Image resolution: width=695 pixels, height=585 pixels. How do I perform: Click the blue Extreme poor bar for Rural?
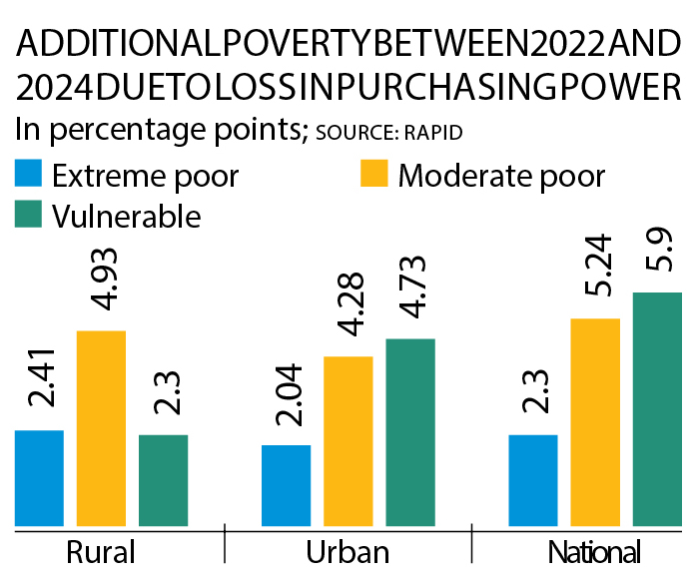[39, 477]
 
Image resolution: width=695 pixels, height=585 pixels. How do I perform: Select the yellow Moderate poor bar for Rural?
[101, 427]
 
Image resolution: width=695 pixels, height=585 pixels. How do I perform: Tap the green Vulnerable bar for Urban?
[409, 431]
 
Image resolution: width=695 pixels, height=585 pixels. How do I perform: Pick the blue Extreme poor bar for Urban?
[286, 484]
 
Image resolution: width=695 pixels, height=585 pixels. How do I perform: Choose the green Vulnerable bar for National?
[656, 408]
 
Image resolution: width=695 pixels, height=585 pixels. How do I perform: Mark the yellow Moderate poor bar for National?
[595, 421]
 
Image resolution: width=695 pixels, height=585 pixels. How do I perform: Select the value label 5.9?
[656, 254]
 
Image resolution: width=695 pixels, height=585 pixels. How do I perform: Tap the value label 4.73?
[409, 292]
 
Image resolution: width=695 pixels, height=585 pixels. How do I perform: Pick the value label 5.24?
[595, 270]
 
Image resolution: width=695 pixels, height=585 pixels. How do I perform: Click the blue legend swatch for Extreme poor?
[28, 176]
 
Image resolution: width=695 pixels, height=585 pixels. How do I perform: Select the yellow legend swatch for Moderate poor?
[372, 176]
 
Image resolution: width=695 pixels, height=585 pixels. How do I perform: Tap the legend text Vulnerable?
[127, 215]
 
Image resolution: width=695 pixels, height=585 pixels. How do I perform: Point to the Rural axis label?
[100, 554]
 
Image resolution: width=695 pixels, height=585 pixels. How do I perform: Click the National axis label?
[595, 554]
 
